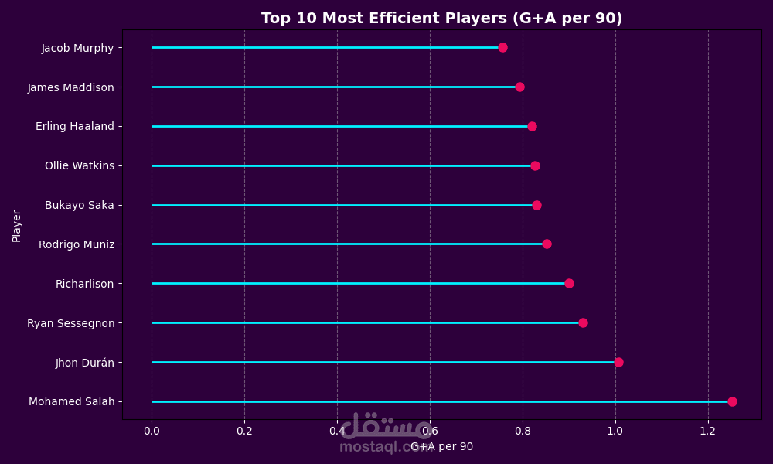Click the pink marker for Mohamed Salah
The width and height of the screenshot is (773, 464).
732,401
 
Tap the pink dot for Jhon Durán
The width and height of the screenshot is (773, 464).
618,362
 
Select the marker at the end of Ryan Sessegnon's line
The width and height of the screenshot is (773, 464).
583,322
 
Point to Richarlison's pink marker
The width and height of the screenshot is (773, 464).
569,283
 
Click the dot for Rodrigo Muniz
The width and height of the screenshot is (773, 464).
547,244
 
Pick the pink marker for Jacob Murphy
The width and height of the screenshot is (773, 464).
502,47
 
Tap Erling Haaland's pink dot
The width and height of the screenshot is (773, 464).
532,126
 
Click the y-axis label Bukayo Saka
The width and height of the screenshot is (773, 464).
79,205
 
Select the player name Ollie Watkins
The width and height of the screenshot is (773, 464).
79,165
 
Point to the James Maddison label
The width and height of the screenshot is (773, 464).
70,87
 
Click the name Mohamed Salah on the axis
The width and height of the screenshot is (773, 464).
71,401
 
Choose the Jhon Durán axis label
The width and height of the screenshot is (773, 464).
84,362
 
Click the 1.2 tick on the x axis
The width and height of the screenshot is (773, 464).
708,430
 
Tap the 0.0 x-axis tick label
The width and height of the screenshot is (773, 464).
152,430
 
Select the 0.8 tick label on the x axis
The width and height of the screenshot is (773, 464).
523,430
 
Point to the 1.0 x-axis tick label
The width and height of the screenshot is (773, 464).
615,430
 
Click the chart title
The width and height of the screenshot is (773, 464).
441,19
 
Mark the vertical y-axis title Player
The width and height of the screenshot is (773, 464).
16,225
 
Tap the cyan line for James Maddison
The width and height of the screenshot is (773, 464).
332,87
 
